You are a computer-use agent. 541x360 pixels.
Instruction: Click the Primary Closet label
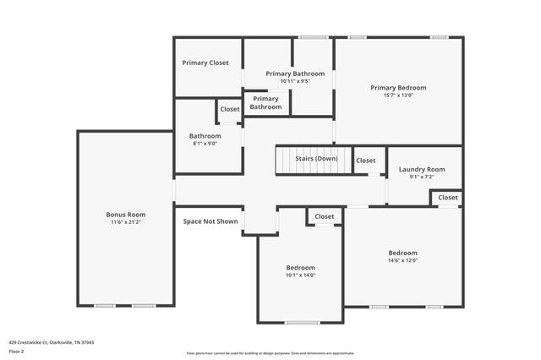click(206, 63)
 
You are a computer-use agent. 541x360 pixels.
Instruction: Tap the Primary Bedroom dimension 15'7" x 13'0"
click(398, 95)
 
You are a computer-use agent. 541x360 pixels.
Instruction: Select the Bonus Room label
click(126, 215)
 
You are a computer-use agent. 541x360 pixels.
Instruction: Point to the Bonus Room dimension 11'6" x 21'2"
click(126, 222)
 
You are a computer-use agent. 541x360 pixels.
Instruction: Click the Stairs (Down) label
click(316, 159)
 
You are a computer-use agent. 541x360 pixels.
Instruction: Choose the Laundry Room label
click(422, 169)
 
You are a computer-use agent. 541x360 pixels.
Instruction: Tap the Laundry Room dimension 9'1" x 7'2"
click(422, 177)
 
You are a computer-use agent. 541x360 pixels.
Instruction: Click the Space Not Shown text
click(210, 221)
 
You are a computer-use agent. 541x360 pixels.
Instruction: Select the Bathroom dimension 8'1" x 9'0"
click(205, 144)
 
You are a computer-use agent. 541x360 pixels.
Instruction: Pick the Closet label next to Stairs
click(366, 161)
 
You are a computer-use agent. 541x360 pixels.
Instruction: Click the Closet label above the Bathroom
click(230, 110)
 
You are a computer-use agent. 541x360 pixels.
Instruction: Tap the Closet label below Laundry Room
click(448, 198)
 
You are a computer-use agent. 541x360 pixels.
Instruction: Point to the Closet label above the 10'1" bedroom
click(325, 217)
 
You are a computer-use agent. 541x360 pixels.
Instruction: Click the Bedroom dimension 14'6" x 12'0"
click(403, 260)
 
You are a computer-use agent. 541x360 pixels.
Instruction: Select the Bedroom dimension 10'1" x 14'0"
click(300, 275)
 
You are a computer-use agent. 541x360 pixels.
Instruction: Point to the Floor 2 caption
click(17, 351)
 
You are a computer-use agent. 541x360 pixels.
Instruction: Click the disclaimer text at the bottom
click(270, 353)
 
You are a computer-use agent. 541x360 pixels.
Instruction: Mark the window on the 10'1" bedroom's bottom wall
click(302, 323)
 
